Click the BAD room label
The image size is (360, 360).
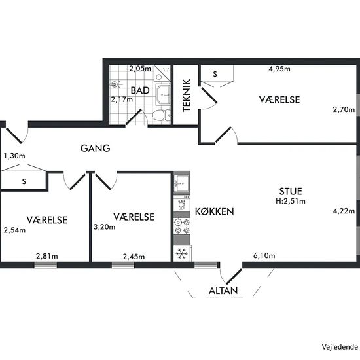click(x=139, y=90)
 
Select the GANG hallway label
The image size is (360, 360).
click(x=95, y=148)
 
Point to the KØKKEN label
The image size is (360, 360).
click(x=214, y=212)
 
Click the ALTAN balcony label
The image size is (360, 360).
click(x=223, y=291)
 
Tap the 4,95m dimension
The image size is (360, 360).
click(x=280, y=67)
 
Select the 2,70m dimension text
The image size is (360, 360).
click(x=343, y=110)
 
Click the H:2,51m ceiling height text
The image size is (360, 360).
click(x=291, y=201)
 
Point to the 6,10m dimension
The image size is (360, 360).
click(x=264, y=255)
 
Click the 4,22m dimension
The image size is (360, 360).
click(x=343, y=211)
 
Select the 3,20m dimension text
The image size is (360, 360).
click(x=105, y=227)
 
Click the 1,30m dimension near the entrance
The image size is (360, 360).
click(x=14, y=156)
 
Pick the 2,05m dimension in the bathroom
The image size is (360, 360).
click(x=139, y=68)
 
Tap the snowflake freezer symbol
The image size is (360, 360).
click(x=181, y=253)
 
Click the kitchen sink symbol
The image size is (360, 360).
click(x=181, y=183)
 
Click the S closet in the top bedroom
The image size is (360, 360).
click(x=215, y=74)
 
